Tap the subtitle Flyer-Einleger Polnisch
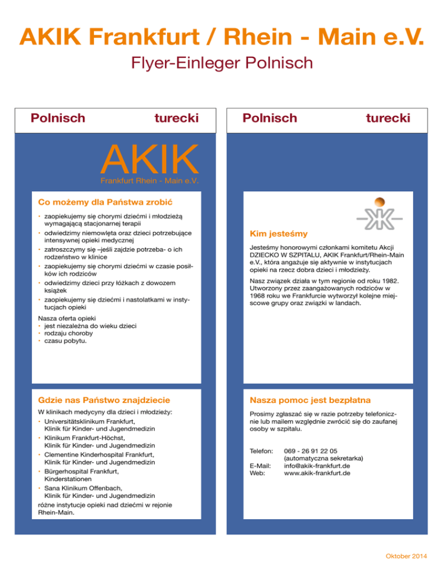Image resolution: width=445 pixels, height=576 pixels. click(222, 62)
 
